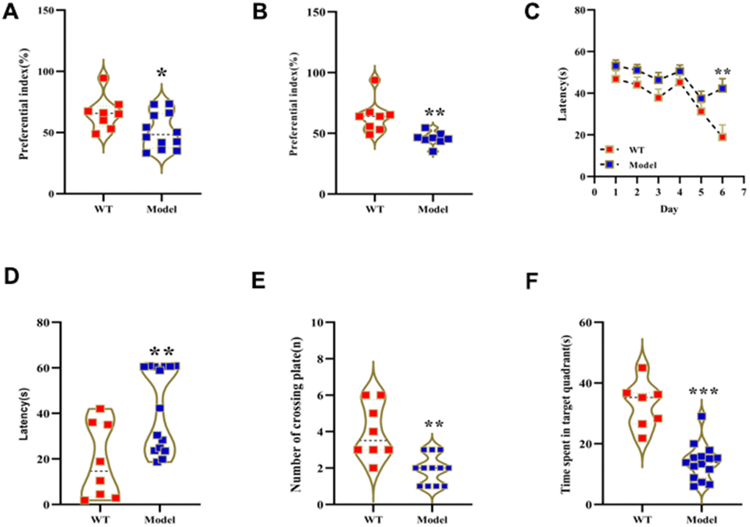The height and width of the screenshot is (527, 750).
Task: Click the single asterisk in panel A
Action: [x=162, y=74]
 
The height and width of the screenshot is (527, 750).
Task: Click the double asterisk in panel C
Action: [x=724, y=73]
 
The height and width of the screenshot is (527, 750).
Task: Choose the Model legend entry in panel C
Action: [x=640, y=165]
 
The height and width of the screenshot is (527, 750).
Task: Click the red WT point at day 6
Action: [x=723, y=137]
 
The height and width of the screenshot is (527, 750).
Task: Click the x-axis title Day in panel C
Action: [x=668, y=208]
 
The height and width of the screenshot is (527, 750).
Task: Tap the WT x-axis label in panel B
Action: [x=375, y=208]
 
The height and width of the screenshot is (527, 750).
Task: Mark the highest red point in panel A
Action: [x=104, y=78]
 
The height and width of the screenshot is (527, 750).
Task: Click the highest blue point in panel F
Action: [x=702, y=417]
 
